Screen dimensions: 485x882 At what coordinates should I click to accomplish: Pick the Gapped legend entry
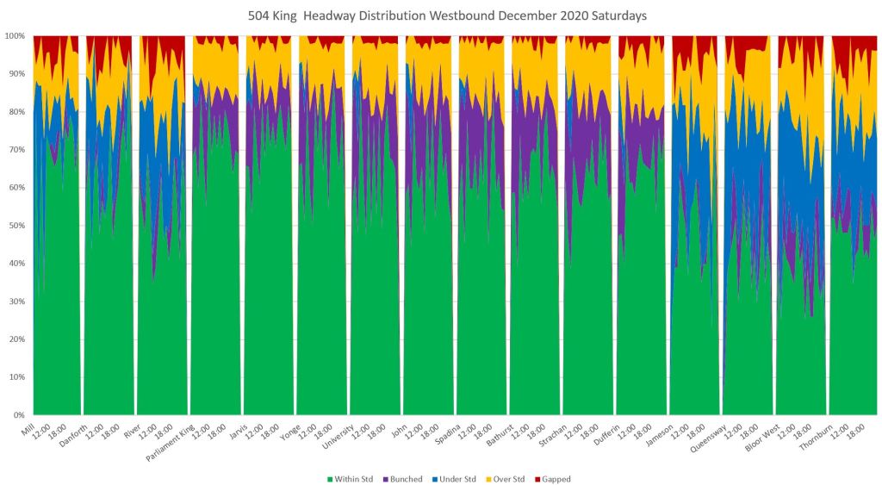(x=556, y=479)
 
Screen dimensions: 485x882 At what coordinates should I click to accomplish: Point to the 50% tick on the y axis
(x=16, y=226)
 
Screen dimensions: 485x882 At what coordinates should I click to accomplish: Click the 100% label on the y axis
(x=15, y=36)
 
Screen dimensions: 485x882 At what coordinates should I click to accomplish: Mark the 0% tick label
(x=19, y=415)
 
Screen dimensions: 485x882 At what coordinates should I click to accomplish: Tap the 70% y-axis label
(x=16, y=150)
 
